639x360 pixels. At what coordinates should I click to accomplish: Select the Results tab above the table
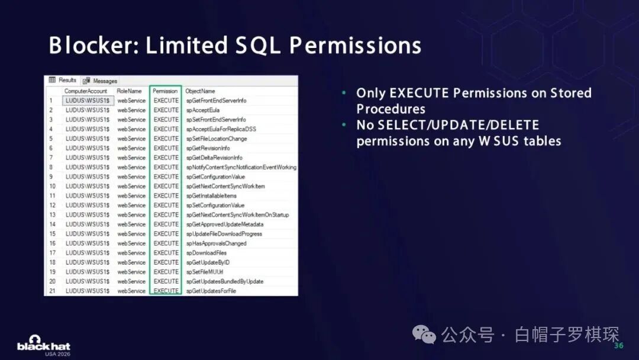63,80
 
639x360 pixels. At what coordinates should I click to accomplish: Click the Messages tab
100,81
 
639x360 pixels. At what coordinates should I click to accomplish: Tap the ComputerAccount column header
86,91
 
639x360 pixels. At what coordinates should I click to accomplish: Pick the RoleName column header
129,91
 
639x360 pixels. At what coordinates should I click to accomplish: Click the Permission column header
165,91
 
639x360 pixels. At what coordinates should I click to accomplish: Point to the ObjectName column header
200,91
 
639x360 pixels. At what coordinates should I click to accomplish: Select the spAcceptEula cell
203,110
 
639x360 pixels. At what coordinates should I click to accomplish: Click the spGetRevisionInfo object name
208,148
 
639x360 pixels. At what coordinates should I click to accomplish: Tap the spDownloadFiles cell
206,253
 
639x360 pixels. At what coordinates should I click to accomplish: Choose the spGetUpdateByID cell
208,262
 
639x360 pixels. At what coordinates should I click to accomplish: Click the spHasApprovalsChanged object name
217,243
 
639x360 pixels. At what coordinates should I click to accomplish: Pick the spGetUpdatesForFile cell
211,291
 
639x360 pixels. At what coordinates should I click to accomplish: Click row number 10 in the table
53,187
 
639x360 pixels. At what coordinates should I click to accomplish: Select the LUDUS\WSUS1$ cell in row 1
88,100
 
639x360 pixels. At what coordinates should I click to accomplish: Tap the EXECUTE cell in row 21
166,291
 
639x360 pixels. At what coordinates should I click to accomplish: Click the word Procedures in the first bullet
391,109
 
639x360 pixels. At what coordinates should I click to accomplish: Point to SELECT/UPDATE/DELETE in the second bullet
459,125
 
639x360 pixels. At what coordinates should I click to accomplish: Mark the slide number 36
619,345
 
